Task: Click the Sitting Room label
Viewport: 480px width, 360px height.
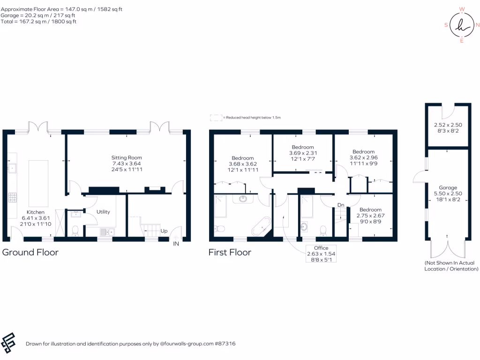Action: pyautogui.click(x=126, y=157)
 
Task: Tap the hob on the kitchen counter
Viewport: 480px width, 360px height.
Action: pyautogui.click(x=13, y=197)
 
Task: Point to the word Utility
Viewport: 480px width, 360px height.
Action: pyautogui.click(x=103, y=212)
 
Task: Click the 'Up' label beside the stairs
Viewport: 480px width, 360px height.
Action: pyautogui.click(x=164, y=232)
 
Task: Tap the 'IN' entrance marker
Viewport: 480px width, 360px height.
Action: pyautogui.click(x=176, y=244)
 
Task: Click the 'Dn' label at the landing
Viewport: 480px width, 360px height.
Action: pyautogui.click(x=341, y=205)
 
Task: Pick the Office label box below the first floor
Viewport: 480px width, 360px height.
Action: pyautogui.click(x=321, y=254)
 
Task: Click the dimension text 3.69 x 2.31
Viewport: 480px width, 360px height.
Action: pyautogui.click(x=302, y=153)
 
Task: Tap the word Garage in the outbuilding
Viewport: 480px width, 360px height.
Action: pyautogui.click(x=448, y=187)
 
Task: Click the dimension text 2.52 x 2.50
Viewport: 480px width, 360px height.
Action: pyautogui.click(x=448, y=125)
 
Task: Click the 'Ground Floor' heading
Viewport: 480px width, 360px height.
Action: pyautogui.click(x=30, y=252)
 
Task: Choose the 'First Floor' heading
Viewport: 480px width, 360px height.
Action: pyautogui.click(x=230, y=252)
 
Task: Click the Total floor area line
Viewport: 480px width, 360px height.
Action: pyautogui.click(x=38, y=22)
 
